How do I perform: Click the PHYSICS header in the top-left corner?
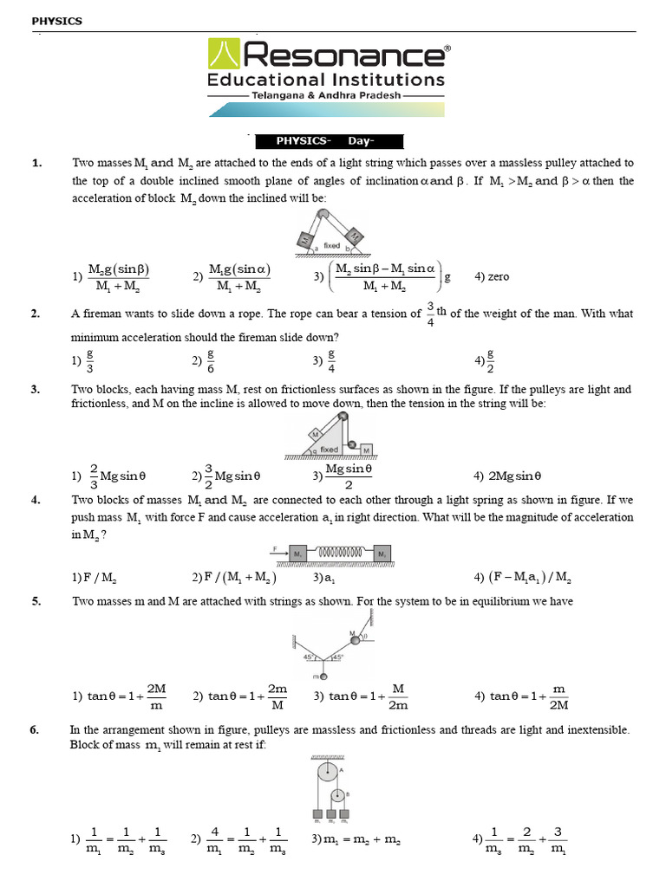click(x=56, y=21)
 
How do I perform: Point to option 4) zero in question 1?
click(x=492, y=277)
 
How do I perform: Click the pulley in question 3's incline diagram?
click(x=344, y=419)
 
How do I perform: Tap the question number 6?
click(x=35, y=730)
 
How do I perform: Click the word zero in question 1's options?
click(x=499, y=277)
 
